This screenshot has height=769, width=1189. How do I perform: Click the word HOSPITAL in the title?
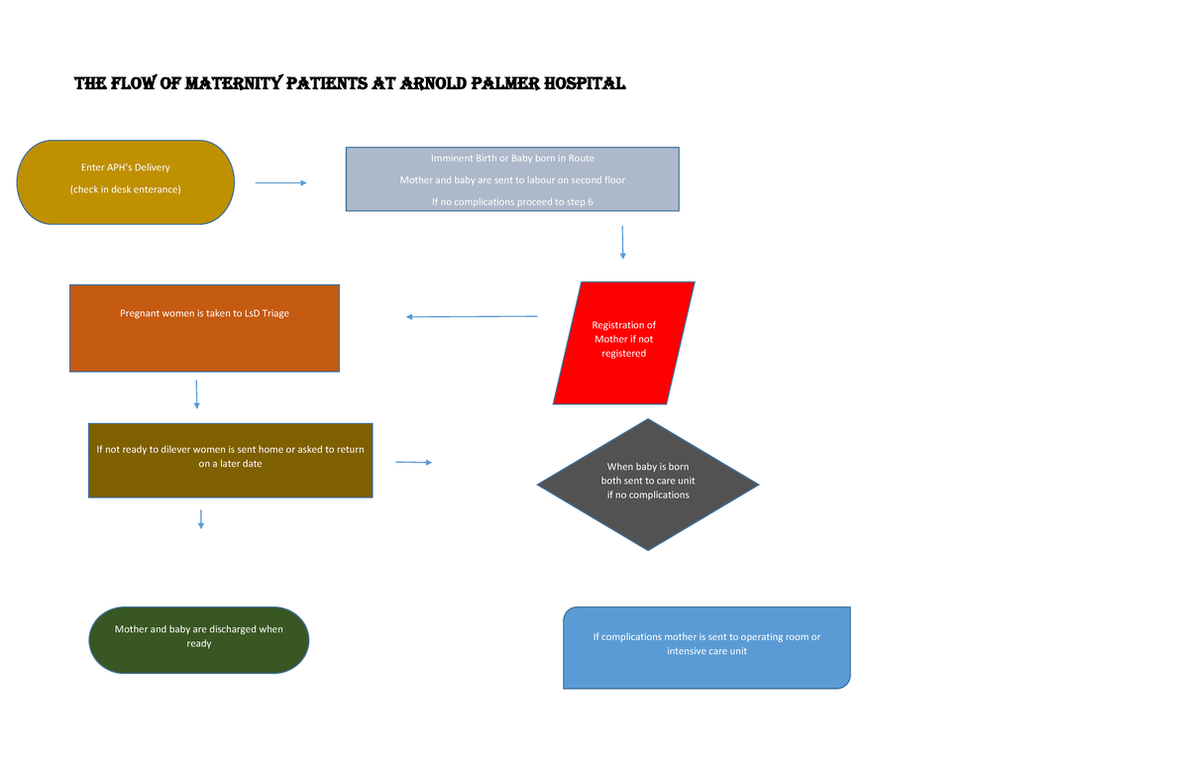pos(586,84)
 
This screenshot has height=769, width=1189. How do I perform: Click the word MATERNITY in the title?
pos(235,84)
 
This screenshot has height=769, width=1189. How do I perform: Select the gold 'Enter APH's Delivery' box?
pos(126,181)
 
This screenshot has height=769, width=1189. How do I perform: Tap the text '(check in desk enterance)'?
pos(126,189)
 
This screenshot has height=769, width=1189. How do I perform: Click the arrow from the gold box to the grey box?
pos(280,182)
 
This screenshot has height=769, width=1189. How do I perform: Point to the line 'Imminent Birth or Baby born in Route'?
pos(512,159)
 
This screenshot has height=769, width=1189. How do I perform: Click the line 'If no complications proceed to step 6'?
pos(512,202)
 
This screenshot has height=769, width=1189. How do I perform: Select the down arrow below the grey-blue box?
pos(622,242)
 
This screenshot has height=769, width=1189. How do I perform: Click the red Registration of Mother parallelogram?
pos(623,342)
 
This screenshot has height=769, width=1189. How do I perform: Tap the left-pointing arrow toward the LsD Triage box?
pos(472,317)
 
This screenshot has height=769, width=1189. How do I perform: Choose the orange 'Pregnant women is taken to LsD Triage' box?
pos(204,328)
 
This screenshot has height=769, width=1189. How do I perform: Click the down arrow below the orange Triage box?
pos(197,393)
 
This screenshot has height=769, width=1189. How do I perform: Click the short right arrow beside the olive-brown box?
pos(413,463)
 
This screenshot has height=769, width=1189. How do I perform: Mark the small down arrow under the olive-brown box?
pos(201,518)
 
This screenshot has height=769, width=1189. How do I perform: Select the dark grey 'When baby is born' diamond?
pos(648,484)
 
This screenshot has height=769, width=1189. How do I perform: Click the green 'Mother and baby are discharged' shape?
pos(199,639)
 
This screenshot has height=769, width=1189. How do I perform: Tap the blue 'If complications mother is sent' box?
pos(706,647)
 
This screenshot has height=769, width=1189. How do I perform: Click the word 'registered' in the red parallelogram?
pos(623,353)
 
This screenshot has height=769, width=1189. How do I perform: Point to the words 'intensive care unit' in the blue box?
pos(706,651)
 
